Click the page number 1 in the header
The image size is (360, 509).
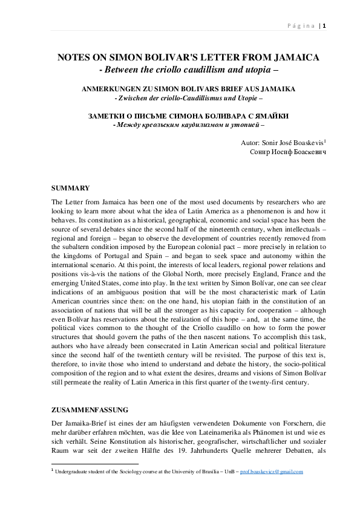click(x=325, y=25)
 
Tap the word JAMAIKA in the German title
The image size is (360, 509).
click(x=277, y=89)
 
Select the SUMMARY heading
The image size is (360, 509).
click(x=71, y=189)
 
